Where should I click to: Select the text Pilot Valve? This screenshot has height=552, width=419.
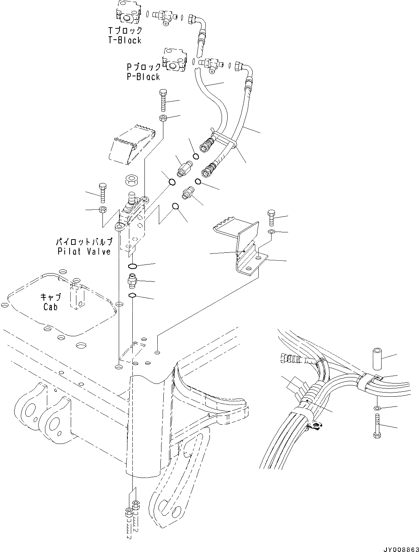click(84, 251)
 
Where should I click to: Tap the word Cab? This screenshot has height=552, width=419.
click(50, 307)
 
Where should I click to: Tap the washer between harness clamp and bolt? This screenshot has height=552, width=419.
click(377, 408)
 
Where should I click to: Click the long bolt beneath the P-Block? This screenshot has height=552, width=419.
click(164, 100)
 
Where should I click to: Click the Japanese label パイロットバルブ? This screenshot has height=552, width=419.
click(84, 242)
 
